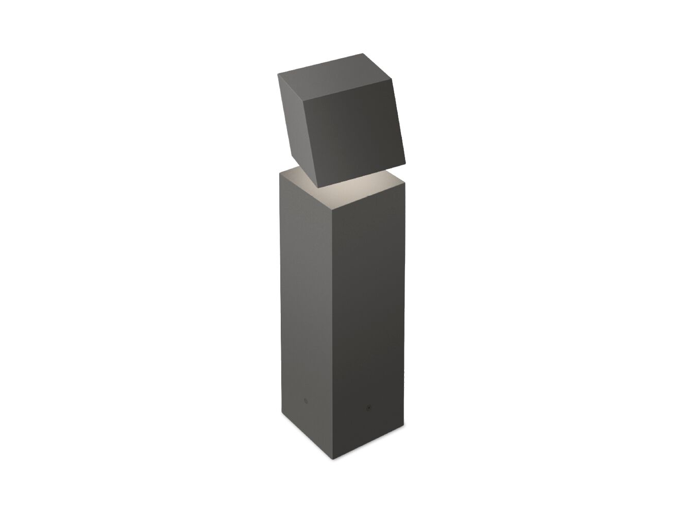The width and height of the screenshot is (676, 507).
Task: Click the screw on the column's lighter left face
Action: [x=304, y=400]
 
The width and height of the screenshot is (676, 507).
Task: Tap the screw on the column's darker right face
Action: [x=368, y=407]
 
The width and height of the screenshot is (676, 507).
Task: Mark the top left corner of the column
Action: [x=280, y=173]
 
